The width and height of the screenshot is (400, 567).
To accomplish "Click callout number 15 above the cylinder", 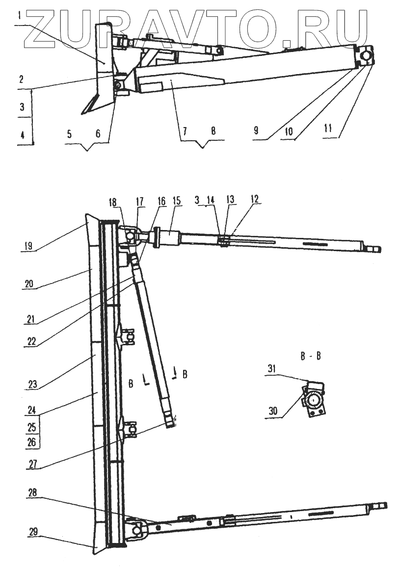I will click(177, 201).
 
